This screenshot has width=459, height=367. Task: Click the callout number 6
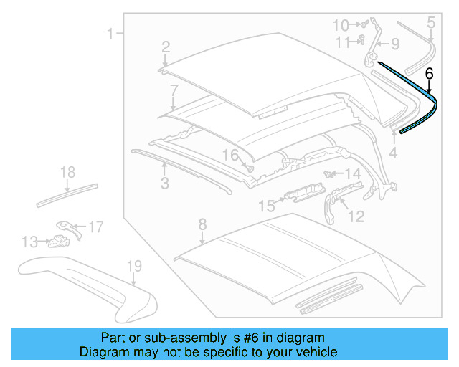[x=429, y=73]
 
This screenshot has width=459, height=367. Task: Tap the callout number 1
[x=110, y=33]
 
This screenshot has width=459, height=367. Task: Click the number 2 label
[x=165, y=47]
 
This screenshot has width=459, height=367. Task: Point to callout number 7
[x=174, y=90]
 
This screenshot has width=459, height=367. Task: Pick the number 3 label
[x=164, y=183]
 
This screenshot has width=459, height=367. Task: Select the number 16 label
[x=229, y=155]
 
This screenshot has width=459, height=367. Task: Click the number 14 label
[x=353, y=174]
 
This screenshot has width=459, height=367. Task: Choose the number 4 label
[x=393, y=153]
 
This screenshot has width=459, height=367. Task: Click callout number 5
[x=430, y=23]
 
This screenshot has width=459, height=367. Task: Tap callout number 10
[x=341, y=26]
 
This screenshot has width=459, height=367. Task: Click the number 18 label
[x=67, y=172]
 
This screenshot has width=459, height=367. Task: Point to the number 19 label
[x=134, y=267]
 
